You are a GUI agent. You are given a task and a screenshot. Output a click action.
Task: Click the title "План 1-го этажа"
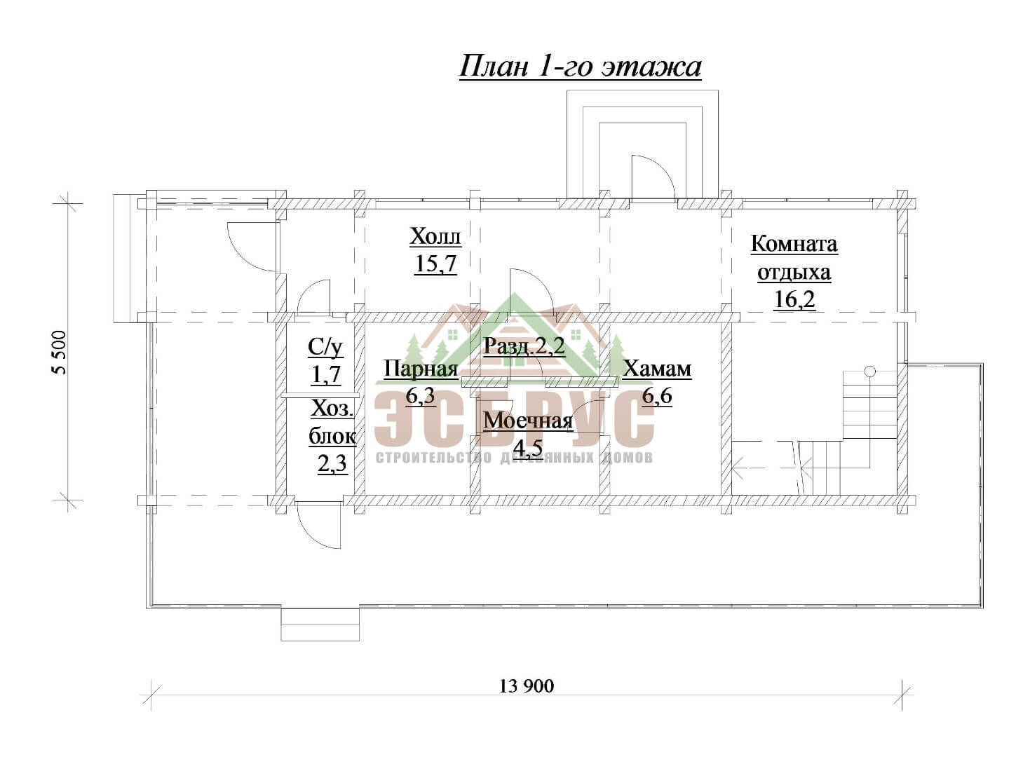pos(581,67)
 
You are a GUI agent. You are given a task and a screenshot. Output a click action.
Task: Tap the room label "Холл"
pos(435,237)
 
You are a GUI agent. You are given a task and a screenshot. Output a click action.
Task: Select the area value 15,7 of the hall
pos(435,264)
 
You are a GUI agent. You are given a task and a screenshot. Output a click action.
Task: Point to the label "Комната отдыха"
pos(794,258)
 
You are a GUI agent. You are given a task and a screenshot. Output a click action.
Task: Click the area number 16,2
pos(794,300)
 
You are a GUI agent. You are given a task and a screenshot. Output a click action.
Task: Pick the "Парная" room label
pos(421,369)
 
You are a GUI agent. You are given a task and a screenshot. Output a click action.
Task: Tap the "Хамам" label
pos(657,369)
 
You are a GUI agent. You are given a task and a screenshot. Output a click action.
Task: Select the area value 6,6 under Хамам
pos(656,396)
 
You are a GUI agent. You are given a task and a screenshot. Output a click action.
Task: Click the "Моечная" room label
pos(529,421)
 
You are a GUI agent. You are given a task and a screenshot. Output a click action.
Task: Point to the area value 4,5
pos(529,447)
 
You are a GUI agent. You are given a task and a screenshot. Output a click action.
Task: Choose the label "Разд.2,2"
pos(524,346)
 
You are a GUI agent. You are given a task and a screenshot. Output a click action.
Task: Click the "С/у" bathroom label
pos(325,348)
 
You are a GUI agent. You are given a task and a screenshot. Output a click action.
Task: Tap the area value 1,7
pos(325,374)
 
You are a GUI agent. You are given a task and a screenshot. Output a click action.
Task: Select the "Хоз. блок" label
pos(332,423)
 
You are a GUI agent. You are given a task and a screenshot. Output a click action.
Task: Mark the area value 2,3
pos(332,464)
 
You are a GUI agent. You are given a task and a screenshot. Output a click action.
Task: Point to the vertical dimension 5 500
pos(60,353)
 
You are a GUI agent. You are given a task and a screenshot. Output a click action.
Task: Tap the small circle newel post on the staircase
pos(869,371)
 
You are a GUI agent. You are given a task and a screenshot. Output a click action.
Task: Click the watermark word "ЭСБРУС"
pos(514,420)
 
